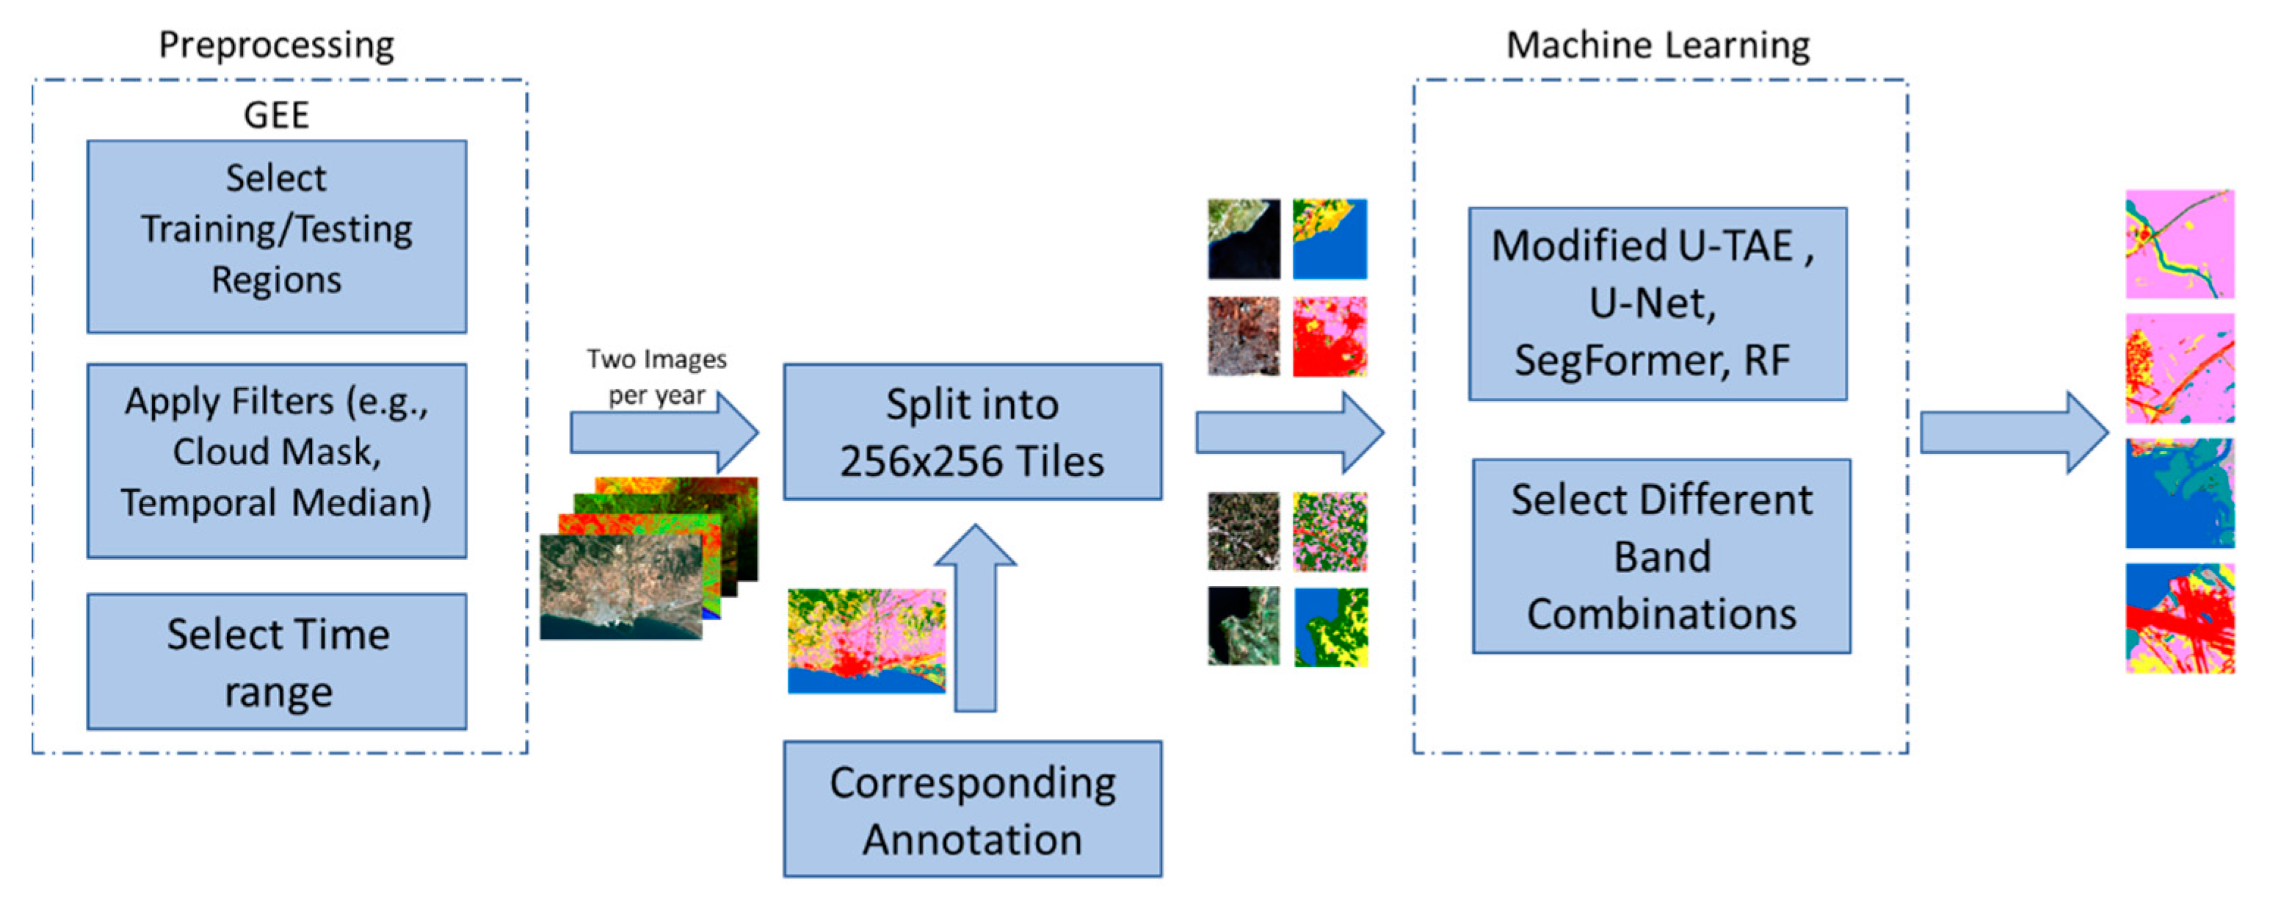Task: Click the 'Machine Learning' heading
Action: (x=1657, y=44)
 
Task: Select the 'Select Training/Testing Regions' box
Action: (x=277, y=236)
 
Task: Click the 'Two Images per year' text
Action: (x=656, y=376)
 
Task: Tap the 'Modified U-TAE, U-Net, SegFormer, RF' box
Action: (x=1657, y=303)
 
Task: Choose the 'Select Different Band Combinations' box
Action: (x=1661, y=556)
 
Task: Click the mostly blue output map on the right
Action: (x=2179, y=493)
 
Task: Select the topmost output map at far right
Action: (x=2179, y=244)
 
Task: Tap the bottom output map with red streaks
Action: (x=2179, y=618)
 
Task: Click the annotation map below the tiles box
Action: (x=866, y=641)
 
